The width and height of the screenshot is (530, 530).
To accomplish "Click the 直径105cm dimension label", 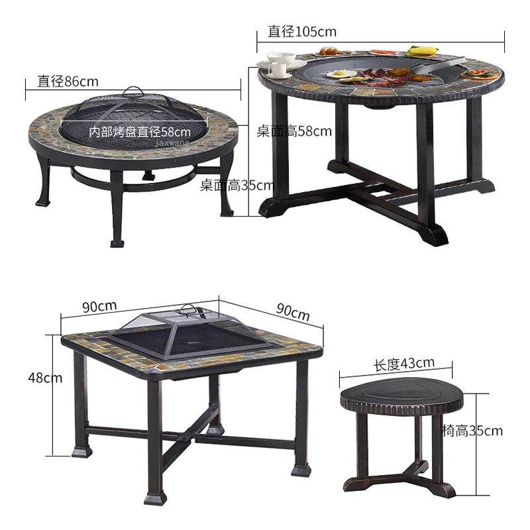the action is tap(302, 31).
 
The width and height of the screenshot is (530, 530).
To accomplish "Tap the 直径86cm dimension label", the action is tap(68, 81).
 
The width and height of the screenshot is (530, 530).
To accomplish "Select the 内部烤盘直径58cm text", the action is tap(140, 131).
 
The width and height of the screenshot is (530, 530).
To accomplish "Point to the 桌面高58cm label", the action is tap(294, 131).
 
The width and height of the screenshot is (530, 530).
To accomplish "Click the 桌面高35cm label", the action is tap(237, 185).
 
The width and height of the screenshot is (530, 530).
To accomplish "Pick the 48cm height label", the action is tap(45, 378).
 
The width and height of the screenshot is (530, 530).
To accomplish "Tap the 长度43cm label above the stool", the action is tap(404, 364).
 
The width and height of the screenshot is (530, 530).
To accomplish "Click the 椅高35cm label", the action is tap(472, 431).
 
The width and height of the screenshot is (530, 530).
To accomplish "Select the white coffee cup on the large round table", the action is tap(278, 69).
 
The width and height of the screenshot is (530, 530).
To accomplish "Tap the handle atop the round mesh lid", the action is tap(133, 91).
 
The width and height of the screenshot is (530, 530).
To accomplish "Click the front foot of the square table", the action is tap(156, 498).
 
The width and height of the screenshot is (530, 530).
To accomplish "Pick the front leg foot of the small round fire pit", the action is tap(117, 243).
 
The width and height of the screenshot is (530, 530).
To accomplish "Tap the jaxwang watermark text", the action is tap(172, 143).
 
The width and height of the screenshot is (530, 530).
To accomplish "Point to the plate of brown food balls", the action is tap(329, 52).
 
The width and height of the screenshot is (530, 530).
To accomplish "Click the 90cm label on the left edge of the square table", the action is tap(100, 306).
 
